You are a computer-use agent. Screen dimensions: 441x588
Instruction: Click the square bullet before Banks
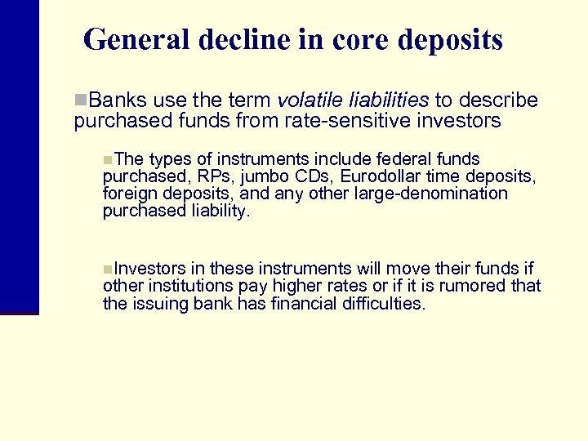79,100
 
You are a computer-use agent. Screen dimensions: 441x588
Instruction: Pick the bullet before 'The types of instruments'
109,159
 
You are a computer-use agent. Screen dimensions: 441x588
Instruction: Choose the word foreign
130,194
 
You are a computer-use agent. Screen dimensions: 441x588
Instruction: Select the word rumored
474,286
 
